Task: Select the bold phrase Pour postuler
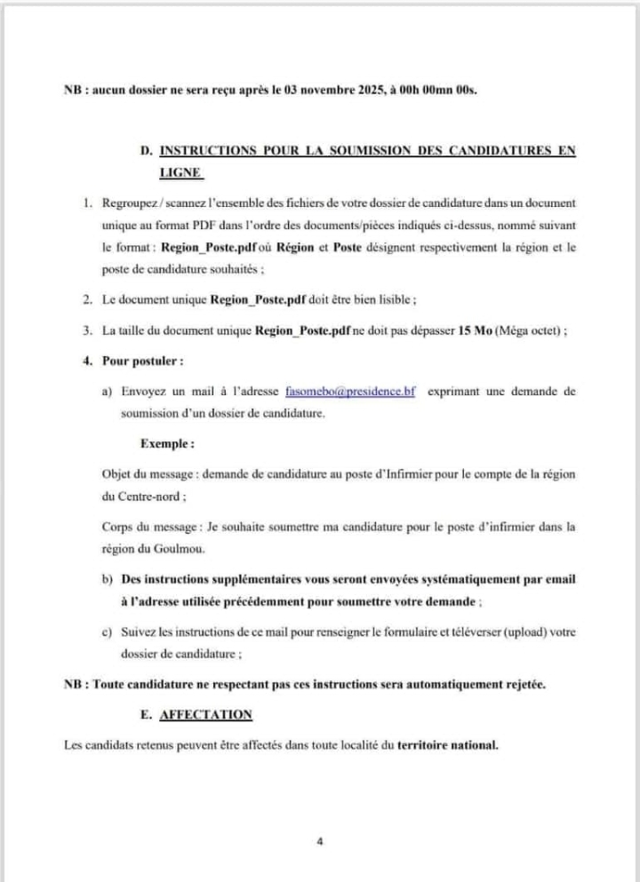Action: [143, 362]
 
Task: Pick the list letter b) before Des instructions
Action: [108, 579]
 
